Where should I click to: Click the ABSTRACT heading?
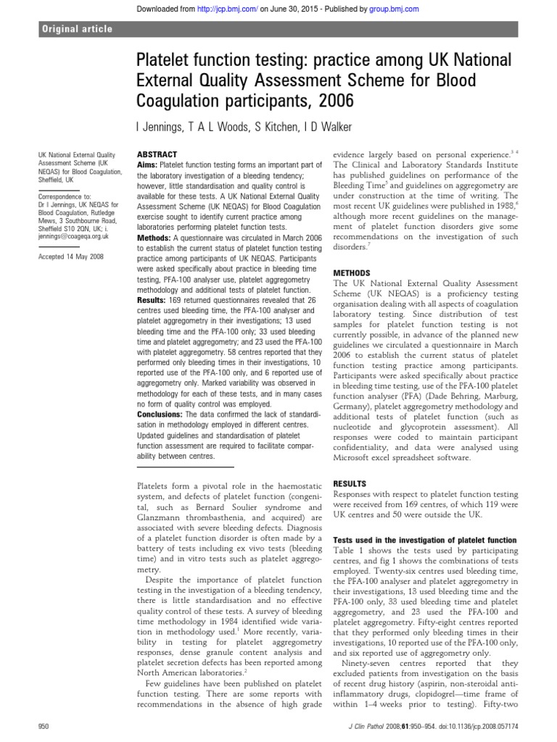(157, 155)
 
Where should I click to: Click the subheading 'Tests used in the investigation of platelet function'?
(424, 541)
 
